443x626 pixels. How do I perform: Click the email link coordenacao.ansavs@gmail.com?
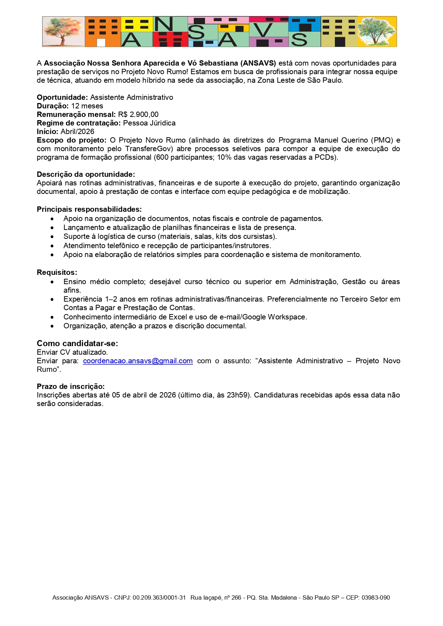[138, 361]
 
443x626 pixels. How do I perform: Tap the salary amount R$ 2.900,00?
[138, 114]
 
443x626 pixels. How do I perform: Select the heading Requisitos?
[57, 272]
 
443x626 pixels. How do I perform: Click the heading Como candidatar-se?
[77, 343]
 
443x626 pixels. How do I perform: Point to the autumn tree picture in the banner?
[63, 32]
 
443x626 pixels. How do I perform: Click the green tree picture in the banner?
[377, 32]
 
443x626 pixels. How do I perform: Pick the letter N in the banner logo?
[163, 24]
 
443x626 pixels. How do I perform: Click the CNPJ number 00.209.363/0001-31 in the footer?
[159, 597]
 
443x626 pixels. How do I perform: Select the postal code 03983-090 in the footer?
[376, 597]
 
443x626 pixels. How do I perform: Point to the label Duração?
[53, 106]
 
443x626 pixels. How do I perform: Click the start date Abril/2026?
[77, 132]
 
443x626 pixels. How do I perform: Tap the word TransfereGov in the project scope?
[148, 149]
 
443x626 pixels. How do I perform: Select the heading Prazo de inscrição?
[71, 386]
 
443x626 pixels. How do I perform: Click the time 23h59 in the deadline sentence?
[236, 395]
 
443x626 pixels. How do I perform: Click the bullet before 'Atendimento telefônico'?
[52, 246]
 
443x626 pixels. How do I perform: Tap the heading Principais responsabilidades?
[89, 209]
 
